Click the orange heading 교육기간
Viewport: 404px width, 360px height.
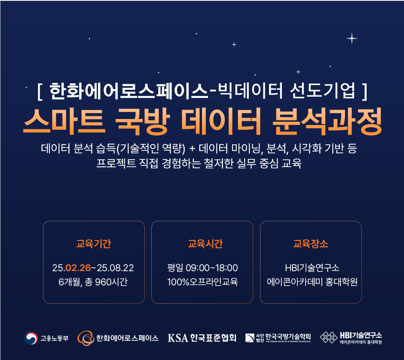pos(94,244)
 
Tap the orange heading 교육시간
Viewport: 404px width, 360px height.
pos(205,244)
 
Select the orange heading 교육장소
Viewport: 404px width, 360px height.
pos(311,244)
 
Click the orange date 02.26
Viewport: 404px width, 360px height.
pos(78,268)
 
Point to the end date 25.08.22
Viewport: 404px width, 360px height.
pos(115,268)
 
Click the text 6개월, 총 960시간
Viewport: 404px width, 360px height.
pos(93,282)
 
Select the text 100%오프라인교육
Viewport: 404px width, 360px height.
pos(202,282)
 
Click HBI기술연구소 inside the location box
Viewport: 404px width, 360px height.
pos(312,268)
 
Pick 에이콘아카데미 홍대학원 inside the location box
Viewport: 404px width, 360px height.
pos(312,282)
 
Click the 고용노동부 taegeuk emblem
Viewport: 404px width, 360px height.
pos(31,338)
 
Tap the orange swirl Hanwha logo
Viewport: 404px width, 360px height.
pos(86,338)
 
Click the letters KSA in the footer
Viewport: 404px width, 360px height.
pos(178,338)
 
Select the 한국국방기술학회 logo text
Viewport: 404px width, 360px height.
pos(288,336)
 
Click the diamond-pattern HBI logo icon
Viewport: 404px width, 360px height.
pos(328,337)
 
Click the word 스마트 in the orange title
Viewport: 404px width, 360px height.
pos(64,121)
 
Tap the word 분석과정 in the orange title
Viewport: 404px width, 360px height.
pos(327,121)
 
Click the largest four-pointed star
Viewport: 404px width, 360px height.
pos(352,39)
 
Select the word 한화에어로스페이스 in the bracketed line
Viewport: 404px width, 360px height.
pos(129,91)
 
